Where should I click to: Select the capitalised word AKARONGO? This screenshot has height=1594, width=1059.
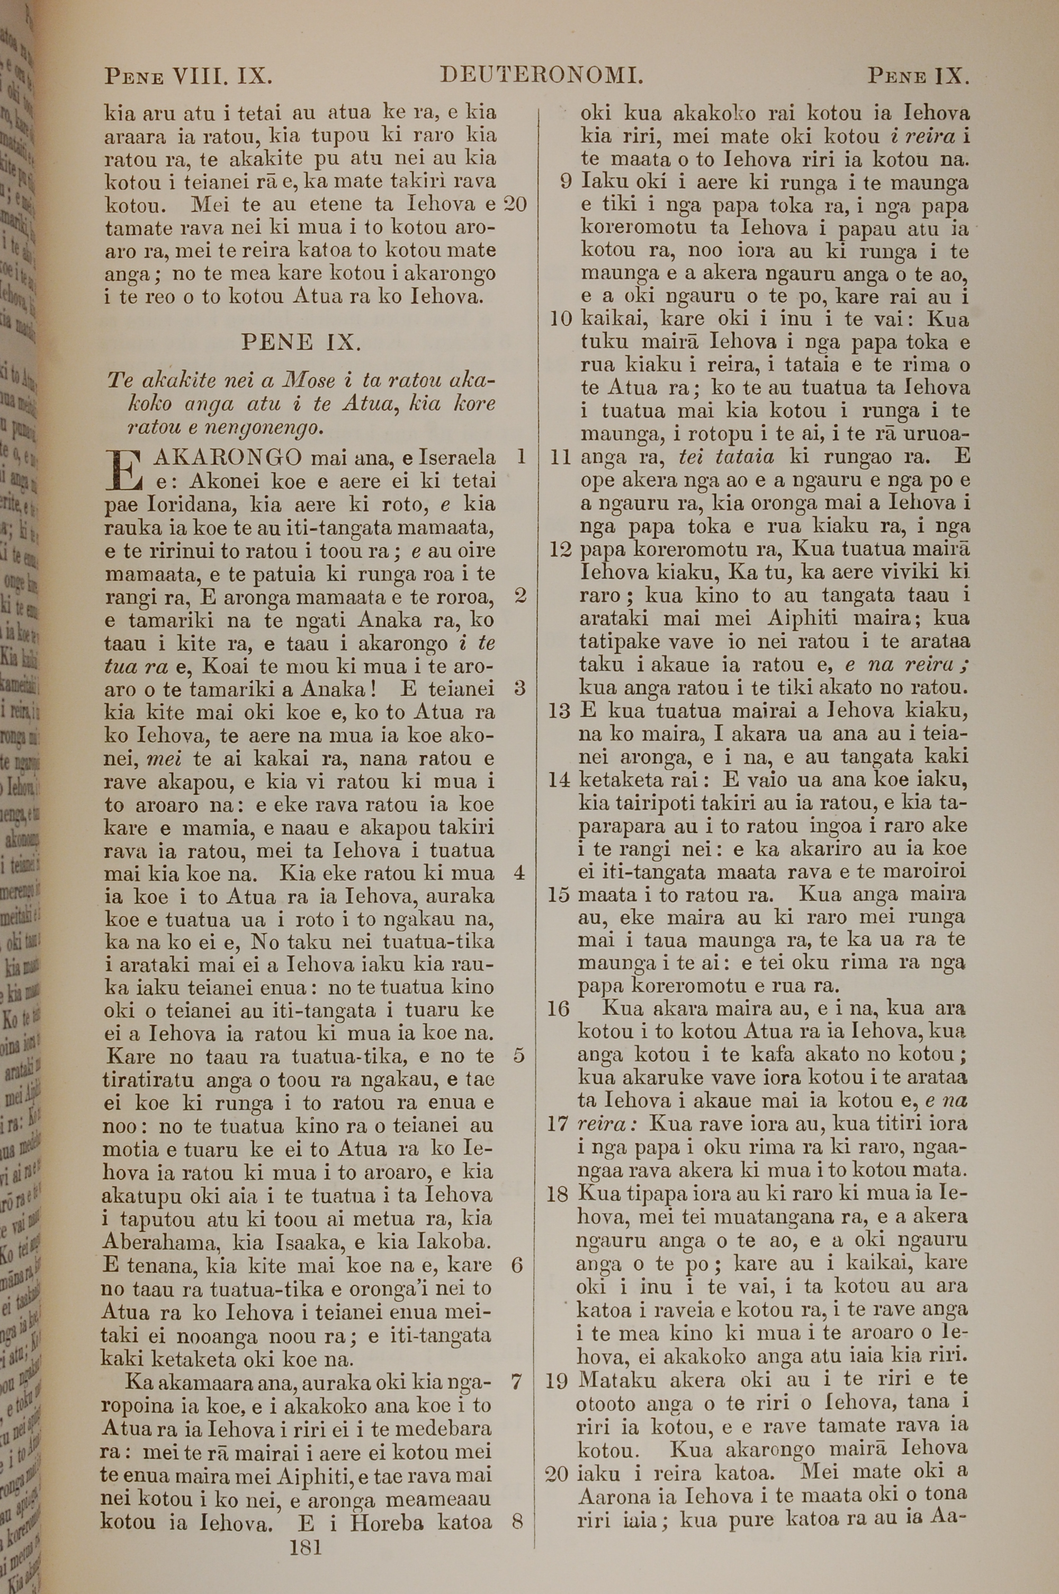(228, 458)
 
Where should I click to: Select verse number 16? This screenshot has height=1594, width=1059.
(559, 1009)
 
